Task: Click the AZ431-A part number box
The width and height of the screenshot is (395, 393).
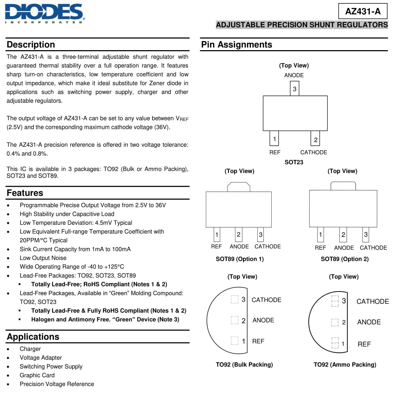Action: click(x=363, y=11)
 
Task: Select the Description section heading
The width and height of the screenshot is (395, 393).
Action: click(x=31, y=45)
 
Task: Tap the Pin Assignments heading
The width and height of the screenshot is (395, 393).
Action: click(x=236, y=45)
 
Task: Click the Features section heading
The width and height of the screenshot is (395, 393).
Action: click(x=25, y=193)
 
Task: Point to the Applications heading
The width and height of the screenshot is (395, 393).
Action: click(x=33, y=337)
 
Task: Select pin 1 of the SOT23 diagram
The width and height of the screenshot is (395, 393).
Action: click(x=274, y=139)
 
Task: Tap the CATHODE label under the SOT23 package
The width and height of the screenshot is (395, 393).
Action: click(x=313, y=152)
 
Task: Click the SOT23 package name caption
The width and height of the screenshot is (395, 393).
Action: click(x=294, y=162)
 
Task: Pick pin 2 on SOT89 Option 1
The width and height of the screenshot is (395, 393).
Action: click(x=239, y=234)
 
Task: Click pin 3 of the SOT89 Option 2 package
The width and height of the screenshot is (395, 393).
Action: click(x=366, y=234)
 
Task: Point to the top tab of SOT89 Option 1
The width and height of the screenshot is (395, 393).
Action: click(x=239, y=187)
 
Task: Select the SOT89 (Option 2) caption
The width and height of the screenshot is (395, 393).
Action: click(x=345, y=259)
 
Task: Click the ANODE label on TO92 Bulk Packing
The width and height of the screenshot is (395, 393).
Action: click(x=263, y=320)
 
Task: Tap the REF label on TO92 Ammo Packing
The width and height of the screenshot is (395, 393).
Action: click(x=364, y=344)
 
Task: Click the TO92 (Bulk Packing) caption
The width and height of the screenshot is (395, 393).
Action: click(x=244, y=364)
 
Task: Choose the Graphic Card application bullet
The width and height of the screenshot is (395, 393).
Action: click(x=37, y=375)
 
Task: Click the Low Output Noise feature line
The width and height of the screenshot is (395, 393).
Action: click(x=43, y=258)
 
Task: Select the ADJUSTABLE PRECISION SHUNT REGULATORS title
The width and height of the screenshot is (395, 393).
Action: click(x=302, y=25)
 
